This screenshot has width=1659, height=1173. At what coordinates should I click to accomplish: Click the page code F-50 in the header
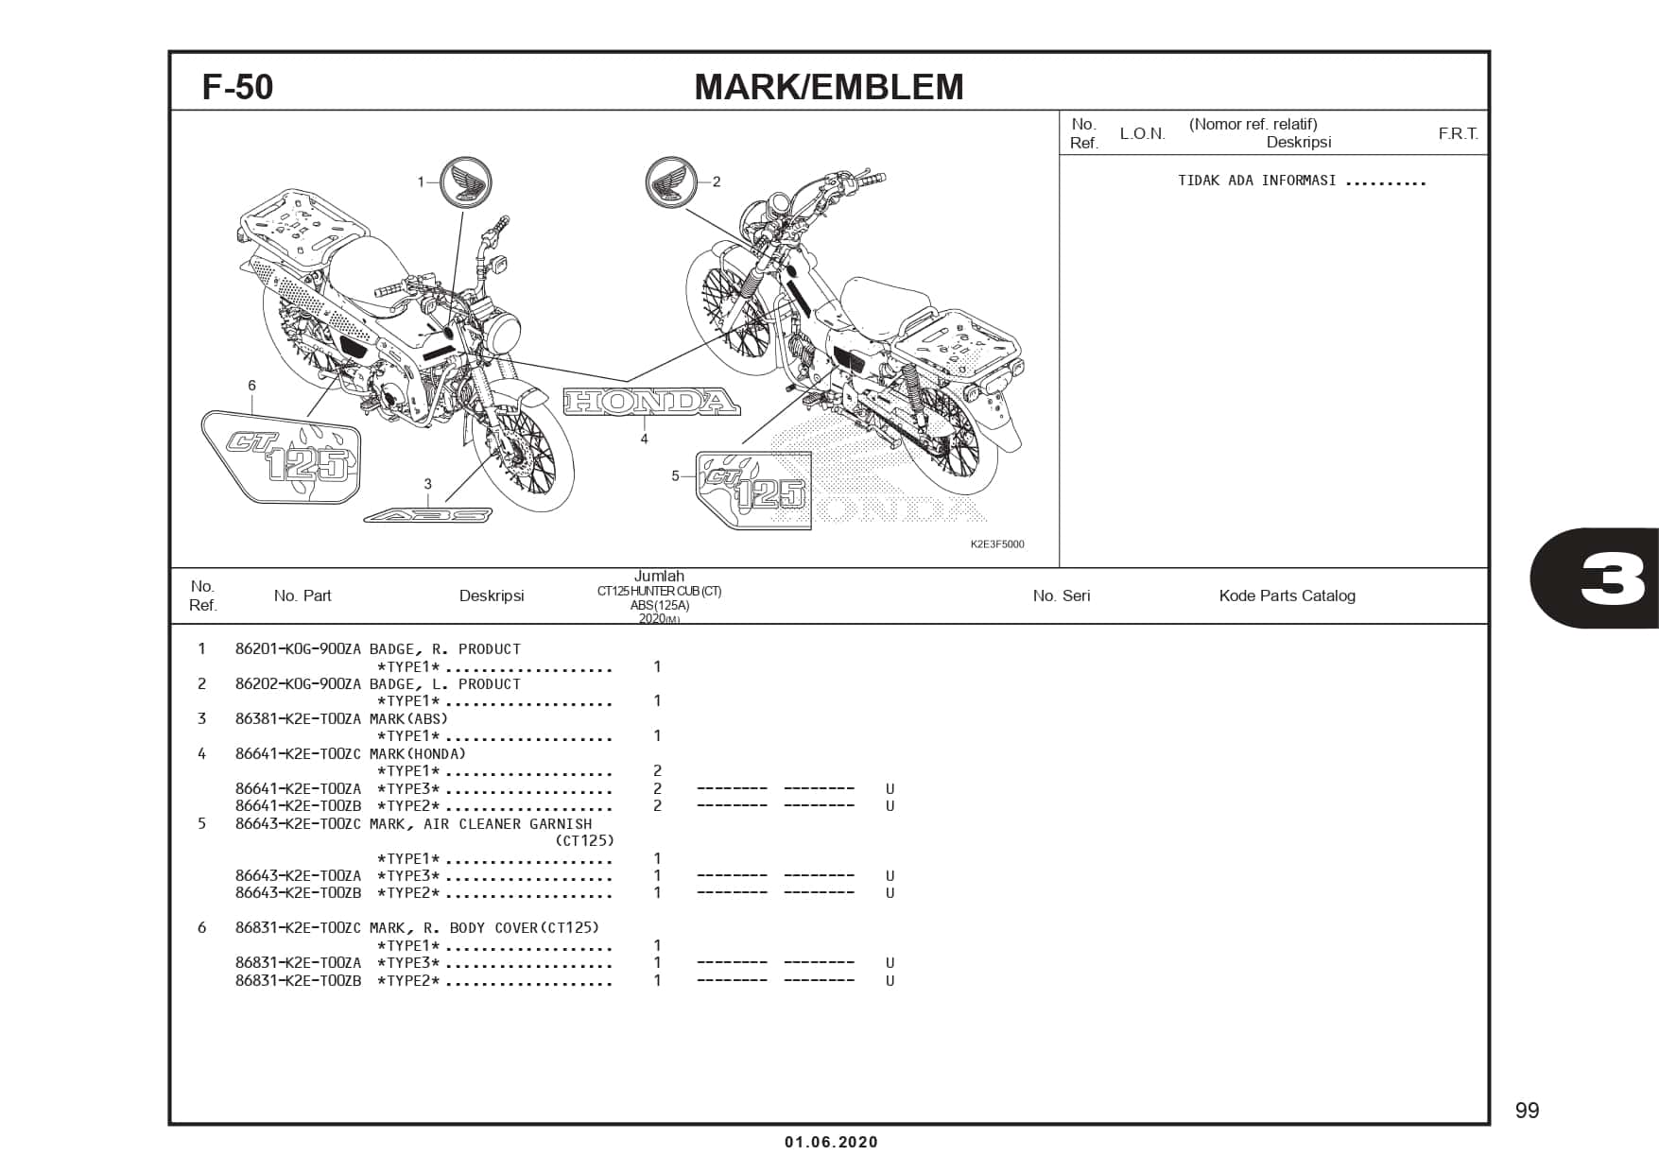click(237, 87)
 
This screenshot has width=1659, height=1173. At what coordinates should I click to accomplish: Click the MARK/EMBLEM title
click(828, 87)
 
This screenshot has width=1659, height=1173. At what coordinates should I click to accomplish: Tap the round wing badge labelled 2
click(670, 181)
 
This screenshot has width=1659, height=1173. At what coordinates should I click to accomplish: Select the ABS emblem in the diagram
click(428, 515)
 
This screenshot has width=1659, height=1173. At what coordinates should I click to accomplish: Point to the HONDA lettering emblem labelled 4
click(651, 402)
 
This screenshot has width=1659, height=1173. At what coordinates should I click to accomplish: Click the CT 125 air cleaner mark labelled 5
click(753, 490)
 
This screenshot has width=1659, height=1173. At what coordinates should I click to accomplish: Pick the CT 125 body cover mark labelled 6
click(281, 456)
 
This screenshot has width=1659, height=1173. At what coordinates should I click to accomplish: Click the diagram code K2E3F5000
click(996, 544)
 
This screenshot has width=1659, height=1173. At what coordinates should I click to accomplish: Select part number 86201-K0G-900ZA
click(298, 649)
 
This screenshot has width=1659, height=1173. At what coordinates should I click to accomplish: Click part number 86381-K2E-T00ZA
click(298, 718)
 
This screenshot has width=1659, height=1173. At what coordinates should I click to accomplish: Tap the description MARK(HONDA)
click(418, 753)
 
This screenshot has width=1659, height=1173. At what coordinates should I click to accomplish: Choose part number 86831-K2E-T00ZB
click(298, 980)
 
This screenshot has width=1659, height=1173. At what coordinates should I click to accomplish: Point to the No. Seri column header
click(1061, 595)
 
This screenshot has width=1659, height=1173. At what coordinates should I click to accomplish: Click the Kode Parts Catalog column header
click(1287, 595)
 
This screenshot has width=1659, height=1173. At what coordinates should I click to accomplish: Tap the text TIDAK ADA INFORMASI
click(1256, 181)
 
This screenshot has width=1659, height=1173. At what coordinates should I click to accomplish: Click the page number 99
click(1527, 1111)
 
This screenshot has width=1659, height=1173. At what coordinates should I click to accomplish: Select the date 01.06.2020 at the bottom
click(831, 1142)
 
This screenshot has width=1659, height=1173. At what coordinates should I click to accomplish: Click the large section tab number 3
click(1611, 578)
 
